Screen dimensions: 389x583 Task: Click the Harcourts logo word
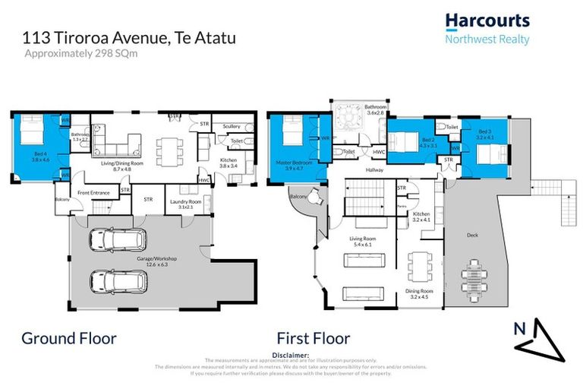click(487, 21)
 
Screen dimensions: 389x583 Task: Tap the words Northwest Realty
click(487, 40)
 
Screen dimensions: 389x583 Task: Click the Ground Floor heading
click(69, 337)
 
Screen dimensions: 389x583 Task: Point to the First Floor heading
click(313, 337)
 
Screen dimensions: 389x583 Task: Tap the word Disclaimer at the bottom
click(291, 355)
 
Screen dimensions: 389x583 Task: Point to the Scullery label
click(231, 126)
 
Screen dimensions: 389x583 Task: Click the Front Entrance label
click(93, 193)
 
